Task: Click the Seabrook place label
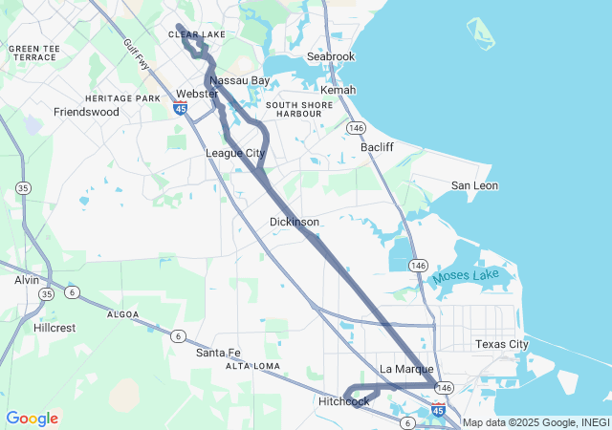[331, 56]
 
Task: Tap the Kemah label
[339, 90]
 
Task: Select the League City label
[235, 153]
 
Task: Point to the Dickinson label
[294, 222]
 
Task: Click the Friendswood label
[86, 112]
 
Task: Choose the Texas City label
[501, 344]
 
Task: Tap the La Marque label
[406, 369]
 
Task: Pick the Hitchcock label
[344, 401]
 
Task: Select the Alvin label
[27, 280]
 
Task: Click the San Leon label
[474, 185]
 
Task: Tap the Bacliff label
[377, 147]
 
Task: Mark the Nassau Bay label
[239, 80]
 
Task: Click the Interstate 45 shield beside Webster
[180, 109]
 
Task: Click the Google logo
[32, 419]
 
